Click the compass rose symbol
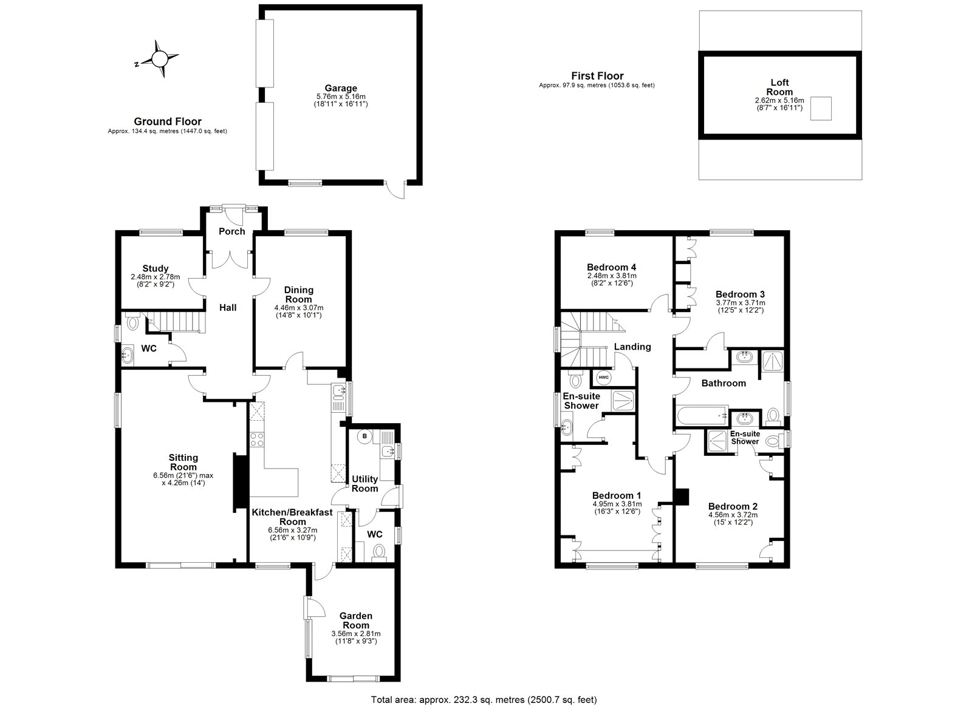tap(159, 59)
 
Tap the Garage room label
tap(340, 88)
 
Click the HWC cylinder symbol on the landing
tap(603, 377)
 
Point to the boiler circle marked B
tap(365, 435)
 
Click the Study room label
tap(156, 268)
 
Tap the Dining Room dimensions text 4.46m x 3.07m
tap(298, 308)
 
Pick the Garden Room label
tap(356, 620)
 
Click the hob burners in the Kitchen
tap(256, 439)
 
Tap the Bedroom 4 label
tap(612, 267)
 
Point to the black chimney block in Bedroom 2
tap(682, 497)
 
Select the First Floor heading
tap(597, 76)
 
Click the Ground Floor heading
tap(168, 121)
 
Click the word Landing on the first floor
tap(632, 347)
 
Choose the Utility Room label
tap(364, 483)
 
